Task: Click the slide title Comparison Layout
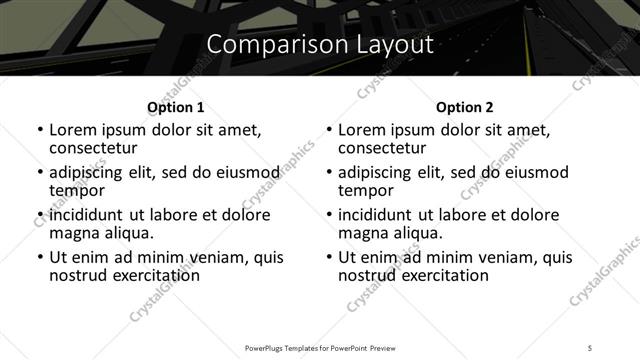tap(319, 45)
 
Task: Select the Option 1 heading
tap(175, 107)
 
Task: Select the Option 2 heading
tap(464, 107)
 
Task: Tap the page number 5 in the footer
tap(590, 347)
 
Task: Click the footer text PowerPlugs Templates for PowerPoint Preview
tap(319, 347)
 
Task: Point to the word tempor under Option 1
tap(77, 190)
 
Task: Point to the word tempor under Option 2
tap(366, 190)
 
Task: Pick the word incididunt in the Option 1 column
tap(87, 215)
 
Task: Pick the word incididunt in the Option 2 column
tap(376, 215)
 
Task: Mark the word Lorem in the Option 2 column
tap(361, 130)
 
